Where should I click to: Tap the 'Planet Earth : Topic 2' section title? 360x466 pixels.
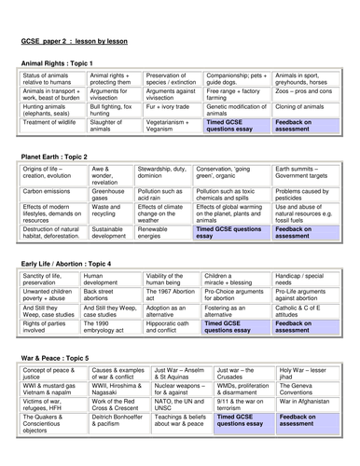pyautogui.click(x=58, y=158)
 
